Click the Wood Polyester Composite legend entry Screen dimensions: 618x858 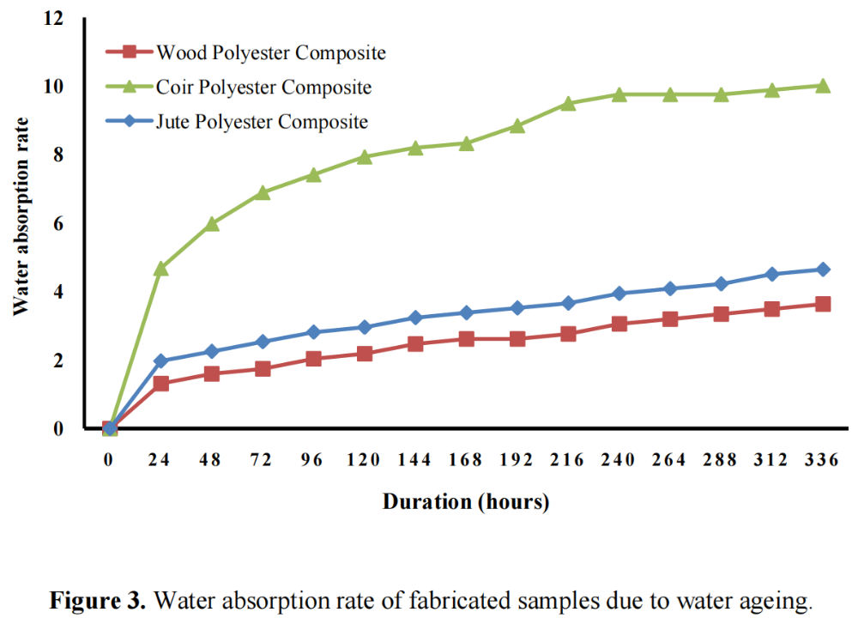(270, 52)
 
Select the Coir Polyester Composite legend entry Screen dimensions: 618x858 (263, 87)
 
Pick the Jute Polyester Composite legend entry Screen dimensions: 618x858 (262, 121)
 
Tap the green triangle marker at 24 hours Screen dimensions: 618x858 (160, 269)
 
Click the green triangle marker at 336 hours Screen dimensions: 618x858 (823, 86)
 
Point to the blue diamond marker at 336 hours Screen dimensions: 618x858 (823, 270)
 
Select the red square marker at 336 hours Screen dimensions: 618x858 (823, 304)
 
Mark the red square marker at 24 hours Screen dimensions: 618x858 (160, 384)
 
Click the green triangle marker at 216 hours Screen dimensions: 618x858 (568, 103)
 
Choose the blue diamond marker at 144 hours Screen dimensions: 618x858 (415, 318)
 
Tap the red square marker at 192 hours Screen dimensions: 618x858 (517, 339)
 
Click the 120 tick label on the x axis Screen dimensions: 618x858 (364, 460)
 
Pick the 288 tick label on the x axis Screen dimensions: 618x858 (721, 460)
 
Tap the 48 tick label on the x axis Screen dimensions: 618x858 (210, 460)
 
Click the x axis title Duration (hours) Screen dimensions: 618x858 (465, 502)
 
